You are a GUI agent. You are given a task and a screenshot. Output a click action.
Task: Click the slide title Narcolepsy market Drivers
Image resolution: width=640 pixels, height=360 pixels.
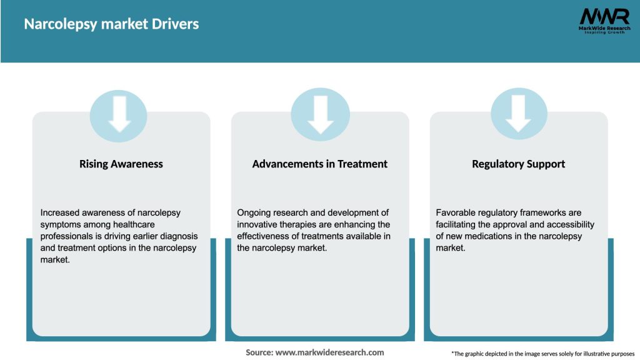(x=111, y=24)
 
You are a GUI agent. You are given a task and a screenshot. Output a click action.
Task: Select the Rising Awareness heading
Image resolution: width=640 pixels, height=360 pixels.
(x=121, y=164)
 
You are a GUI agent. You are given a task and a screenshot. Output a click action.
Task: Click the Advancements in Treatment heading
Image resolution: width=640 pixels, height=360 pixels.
(x=320, y=164)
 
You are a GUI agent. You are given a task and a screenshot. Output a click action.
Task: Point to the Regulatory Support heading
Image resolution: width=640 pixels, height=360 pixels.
(x=519, y=164)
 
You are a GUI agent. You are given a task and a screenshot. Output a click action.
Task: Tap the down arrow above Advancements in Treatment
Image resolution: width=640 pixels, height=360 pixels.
(x=320, y=114)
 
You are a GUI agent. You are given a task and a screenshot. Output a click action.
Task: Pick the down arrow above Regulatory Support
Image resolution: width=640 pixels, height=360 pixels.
(x=519, y=114)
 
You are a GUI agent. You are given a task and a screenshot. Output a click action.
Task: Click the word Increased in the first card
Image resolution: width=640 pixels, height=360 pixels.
(x=61, y=212)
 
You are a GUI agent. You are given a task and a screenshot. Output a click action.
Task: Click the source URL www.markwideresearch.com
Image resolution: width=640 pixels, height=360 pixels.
(x=329, y=352)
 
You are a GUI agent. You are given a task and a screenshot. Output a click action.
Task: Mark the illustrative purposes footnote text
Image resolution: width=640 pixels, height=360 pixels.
(x=542, y=354)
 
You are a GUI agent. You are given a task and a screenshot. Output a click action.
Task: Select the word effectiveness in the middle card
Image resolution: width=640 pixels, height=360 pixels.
(x=265, y=236)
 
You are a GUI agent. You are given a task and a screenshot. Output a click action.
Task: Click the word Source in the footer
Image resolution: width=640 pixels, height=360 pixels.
(x=259, y=352)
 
